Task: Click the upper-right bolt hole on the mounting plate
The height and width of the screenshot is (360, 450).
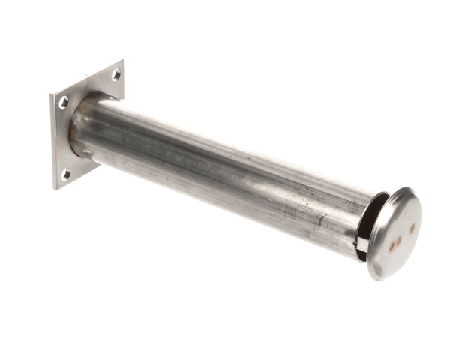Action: pyautogui.click(x=115, y=74)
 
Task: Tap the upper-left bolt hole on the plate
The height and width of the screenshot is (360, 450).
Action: pyautogui.click(x=64, y=102)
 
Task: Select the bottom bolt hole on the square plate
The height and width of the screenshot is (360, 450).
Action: pyautogui.click(x=66, y=173)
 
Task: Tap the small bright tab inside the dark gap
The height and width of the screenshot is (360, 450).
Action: pyautogui.click(x=362, y=244)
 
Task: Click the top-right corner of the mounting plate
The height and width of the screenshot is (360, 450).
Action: pyautogui.click(x=122, y=61)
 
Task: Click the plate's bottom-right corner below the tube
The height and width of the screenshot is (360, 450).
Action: pyautogui.click(x=99, y=163)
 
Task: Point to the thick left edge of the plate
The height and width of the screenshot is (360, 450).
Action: pyautogui.click(x=53, y=142)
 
